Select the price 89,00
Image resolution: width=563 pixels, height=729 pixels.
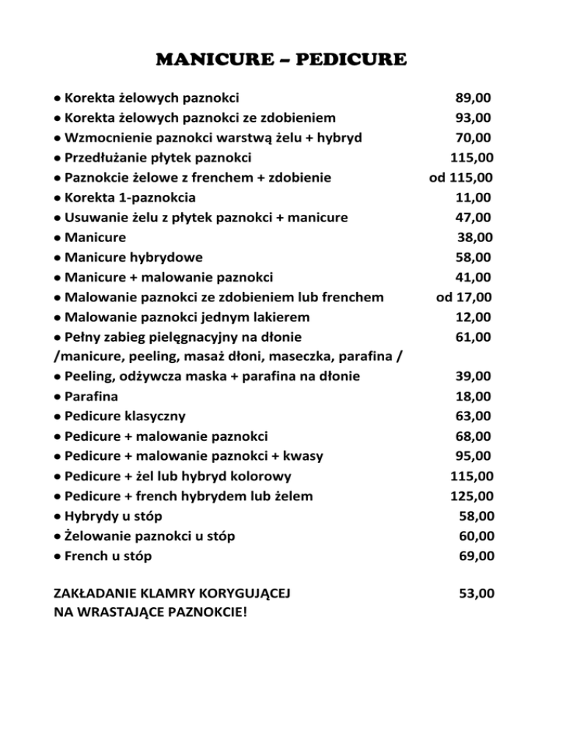click(473, 97)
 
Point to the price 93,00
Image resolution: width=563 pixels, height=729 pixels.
click(473, 117)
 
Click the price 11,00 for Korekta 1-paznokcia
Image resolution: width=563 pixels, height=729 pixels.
click(473, 197)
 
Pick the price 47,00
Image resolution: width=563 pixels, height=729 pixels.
click(473, 217)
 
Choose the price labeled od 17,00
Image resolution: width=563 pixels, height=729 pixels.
click(463, 297)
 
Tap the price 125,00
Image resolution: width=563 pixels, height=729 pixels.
click(471, 496)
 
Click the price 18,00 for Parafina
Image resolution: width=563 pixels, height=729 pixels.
click(473, 397)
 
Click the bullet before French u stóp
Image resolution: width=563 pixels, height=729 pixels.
click(58, 557)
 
